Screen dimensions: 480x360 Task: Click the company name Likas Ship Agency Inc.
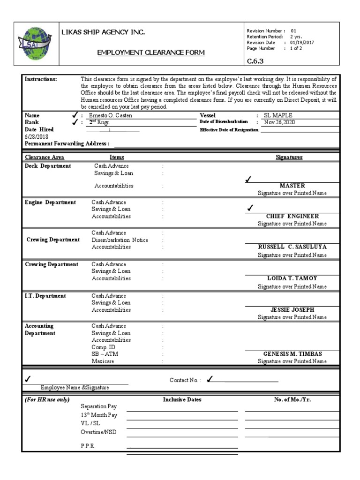click(x=104, y=32)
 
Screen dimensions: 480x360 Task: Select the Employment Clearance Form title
click(x=151, y=52)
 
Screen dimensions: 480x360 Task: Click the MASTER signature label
click(x=292, y=186)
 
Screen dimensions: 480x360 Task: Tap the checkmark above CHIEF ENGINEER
click(x=250, y=208)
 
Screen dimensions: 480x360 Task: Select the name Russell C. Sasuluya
click(x=292, y=247)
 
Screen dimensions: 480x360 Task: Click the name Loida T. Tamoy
click(x=292, y=278)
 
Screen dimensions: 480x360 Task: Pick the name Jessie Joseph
click(x=292, y=310)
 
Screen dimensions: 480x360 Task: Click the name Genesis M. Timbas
click(x=292, y=354)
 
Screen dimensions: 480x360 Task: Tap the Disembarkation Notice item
click(x=120, y=240)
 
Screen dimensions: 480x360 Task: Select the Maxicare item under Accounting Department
click(x=103, y=361)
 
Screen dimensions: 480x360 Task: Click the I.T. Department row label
click(x=45, y=296)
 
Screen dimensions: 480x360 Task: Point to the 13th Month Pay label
click(x=99, y=415)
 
